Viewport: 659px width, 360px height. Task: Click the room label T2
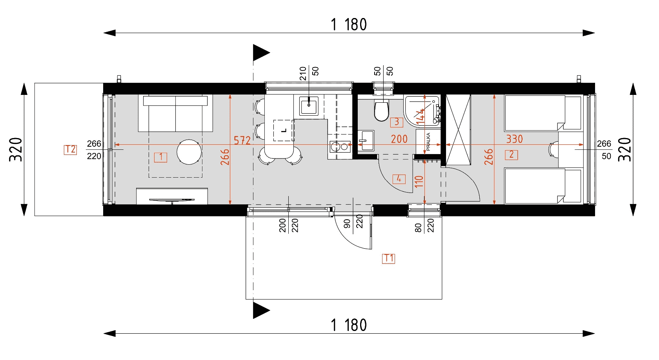click(70, 150)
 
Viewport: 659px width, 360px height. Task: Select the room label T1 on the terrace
click(388, 258)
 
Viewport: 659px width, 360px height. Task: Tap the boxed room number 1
click(161, 157)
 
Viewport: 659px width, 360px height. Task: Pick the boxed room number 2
click(512, 155)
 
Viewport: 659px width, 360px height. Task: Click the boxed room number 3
click(397, 122)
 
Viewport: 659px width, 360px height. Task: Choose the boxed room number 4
click(399, 179)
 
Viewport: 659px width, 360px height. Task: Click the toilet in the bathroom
click(382, 110)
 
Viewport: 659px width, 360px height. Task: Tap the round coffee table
click(189, 152)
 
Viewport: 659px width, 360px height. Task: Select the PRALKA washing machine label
click(428, 142)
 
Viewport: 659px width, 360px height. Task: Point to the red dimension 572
click(242, 140)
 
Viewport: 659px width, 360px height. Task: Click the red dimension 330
click(514, 139)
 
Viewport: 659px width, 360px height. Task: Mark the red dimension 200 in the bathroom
click(399, 139)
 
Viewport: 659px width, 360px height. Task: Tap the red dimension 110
click(419, 182)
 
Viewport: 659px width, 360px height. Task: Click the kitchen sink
click(309, 106)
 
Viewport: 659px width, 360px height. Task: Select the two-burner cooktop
click(340, 147)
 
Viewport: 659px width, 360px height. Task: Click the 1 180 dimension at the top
click(349, 25)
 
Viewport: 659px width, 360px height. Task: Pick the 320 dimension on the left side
click(16, 149)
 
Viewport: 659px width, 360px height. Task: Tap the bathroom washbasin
click(366, 140)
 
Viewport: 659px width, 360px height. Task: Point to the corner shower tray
click(422, 111)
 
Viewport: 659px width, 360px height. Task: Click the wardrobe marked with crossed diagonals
click(458, 130)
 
